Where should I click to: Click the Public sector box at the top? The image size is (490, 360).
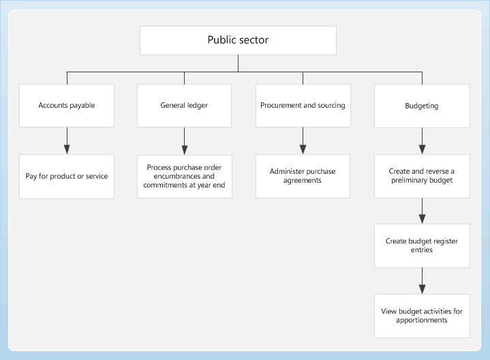click(238, 40)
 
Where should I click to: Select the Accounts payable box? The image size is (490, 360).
click(67, 106)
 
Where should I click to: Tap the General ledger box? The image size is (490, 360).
click(184, 106)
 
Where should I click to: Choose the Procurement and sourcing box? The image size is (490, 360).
click(303, 106)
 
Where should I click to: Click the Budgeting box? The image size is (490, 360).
click(422, 106)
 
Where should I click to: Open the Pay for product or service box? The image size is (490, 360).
click(67, 176)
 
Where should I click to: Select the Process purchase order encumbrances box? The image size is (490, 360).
click(184, 176)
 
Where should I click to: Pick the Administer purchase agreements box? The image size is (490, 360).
click(303, 176)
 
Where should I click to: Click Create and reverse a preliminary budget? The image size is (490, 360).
click(422, 176)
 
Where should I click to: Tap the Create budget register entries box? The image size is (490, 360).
click(422, 245)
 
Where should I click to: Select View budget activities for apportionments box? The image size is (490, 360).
click(422, 315)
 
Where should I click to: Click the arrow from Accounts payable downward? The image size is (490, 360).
click(67, 141)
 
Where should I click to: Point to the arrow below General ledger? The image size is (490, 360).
click(184, 141)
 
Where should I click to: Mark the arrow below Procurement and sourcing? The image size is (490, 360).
click(303, 141)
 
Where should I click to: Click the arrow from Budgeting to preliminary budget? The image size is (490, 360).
click(422, 141)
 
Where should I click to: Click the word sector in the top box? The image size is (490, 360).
click(254, 40)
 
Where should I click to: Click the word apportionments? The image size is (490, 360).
click(422, 320)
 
